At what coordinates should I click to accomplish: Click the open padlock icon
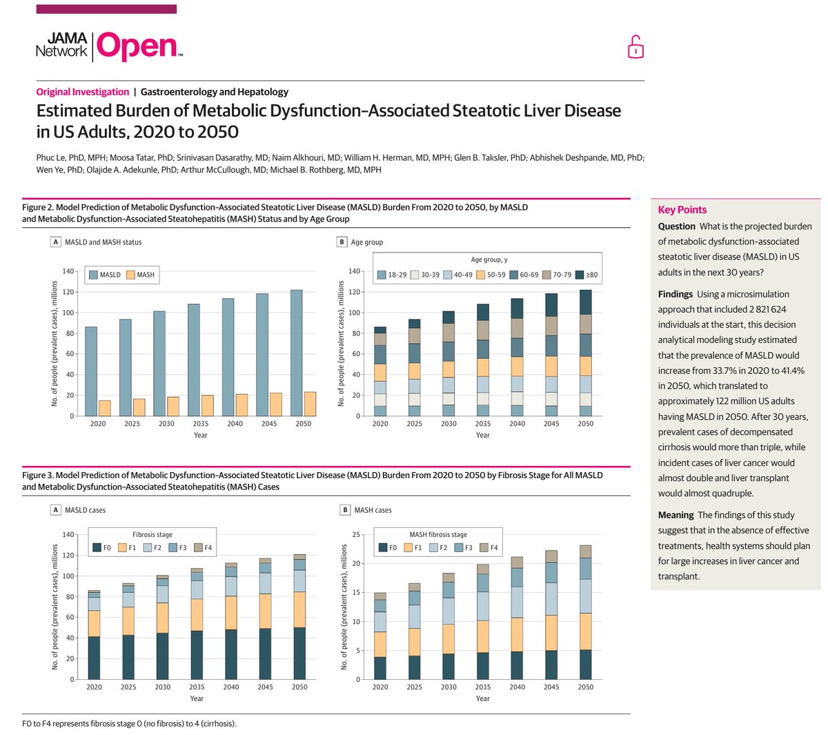(x=635, y=47)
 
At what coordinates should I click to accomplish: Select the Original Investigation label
(x=83, y=92)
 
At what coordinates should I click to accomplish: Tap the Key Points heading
(x=682, y=210)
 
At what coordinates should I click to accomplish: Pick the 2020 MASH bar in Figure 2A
(x=105, y=408)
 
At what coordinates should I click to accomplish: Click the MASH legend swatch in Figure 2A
(x=131, y=275)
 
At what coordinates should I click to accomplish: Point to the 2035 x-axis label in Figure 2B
(x=483, y=424)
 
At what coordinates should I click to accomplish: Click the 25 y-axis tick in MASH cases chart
(x=356, y=534)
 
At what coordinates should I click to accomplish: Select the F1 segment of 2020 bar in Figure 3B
(x=380, y=645)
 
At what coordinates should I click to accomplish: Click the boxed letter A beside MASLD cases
(x=56, y=510)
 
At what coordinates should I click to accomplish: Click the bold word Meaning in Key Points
(x=676, y=515)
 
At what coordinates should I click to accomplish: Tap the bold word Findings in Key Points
(x=675, y=294)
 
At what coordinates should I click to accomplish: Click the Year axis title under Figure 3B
(x=483, y=698)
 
